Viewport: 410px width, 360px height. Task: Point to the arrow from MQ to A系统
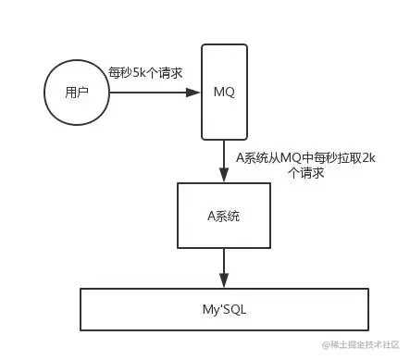pos(223,160)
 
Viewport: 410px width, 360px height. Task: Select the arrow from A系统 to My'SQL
pos(223,269)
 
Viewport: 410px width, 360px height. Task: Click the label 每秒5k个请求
pos(144,72)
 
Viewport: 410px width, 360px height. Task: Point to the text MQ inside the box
pos(223,93)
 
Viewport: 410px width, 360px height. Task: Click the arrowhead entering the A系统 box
pos(223,177)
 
